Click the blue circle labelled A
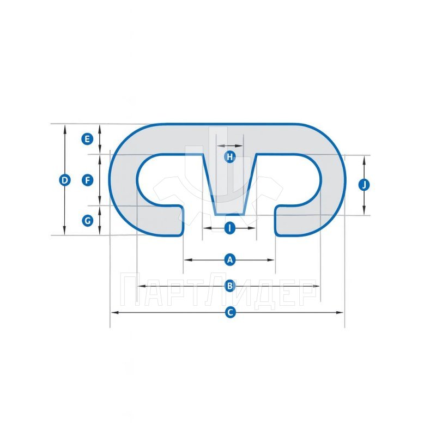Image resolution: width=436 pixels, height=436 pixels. [229, 260]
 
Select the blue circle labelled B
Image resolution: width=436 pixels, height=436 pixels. [229, 286]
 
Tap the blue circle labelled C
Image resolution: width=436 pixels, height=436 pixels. [230, 312]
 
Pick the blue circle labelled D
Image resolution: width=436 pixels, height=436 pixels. [64, 180]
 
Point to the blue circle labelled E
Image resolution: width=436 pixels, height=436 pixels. [87, 139]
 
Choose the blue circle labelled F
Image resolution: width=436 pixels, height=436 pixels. [87, 180]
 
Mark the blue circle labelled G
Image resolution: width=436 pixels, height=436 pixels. [87, 221]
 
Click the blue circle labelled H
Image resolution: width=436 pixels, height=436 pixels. [229, 157]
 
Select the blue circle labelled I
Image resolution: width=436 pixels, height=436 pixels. [229, 228]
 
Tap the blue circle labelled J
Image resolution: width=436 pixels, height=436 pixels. [364, 185]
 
